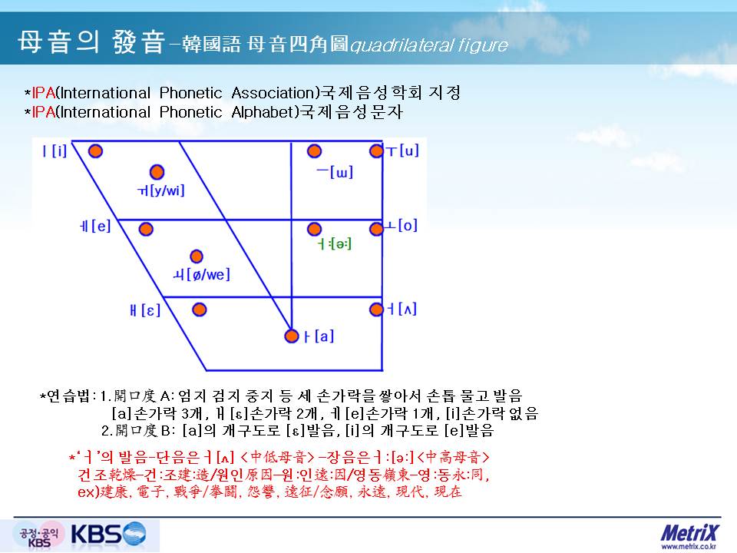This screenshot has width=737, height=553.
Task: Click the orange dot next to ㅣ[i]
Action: click(95, 151)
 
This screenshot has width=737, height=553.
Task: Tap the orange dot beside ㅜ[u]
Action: click(376, 151)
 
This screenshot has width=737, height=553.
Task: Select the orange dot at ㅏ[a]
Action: click(292, 336)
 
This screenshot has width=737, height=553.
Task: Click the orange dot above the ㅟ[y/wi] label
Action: click(157, 172)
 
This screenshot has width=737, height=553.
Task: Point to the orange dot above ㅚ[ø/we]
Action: click(196, 257)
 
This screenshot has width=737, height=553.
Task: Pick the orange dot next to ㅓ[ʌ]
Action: click(376, 310)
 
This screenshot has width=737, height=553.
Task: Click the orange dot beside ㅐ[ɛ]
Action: click(200, 310)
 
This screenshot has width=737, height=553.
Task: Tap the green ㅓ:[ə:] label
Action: click(334, 243)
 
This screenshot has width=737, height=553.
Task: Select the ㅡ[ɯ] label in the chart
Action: click(335, 172)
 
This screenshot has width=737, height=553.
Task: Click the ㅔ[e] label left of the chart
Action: click(95, 226)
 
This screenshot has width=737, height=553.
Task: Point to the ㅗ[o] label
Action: click(401, 226)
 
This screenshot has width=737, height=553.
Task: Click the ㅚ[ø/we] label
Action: click(202, 274)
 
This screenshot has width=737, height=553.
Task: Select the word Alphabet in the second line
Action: click(266, 112)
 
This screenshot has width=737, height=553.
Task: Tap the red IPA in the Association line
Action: click(43, 93)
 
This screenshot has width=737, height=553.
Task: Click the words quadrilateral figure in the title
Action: click(429, 45)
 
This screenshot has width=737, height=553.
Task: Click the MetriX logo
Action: click(689, 533)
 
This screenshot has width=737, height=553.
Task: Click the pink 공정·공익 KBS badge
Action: click(39, 536)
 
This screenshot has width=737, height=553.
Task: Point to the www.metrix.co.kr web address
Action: click(689, 547)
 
